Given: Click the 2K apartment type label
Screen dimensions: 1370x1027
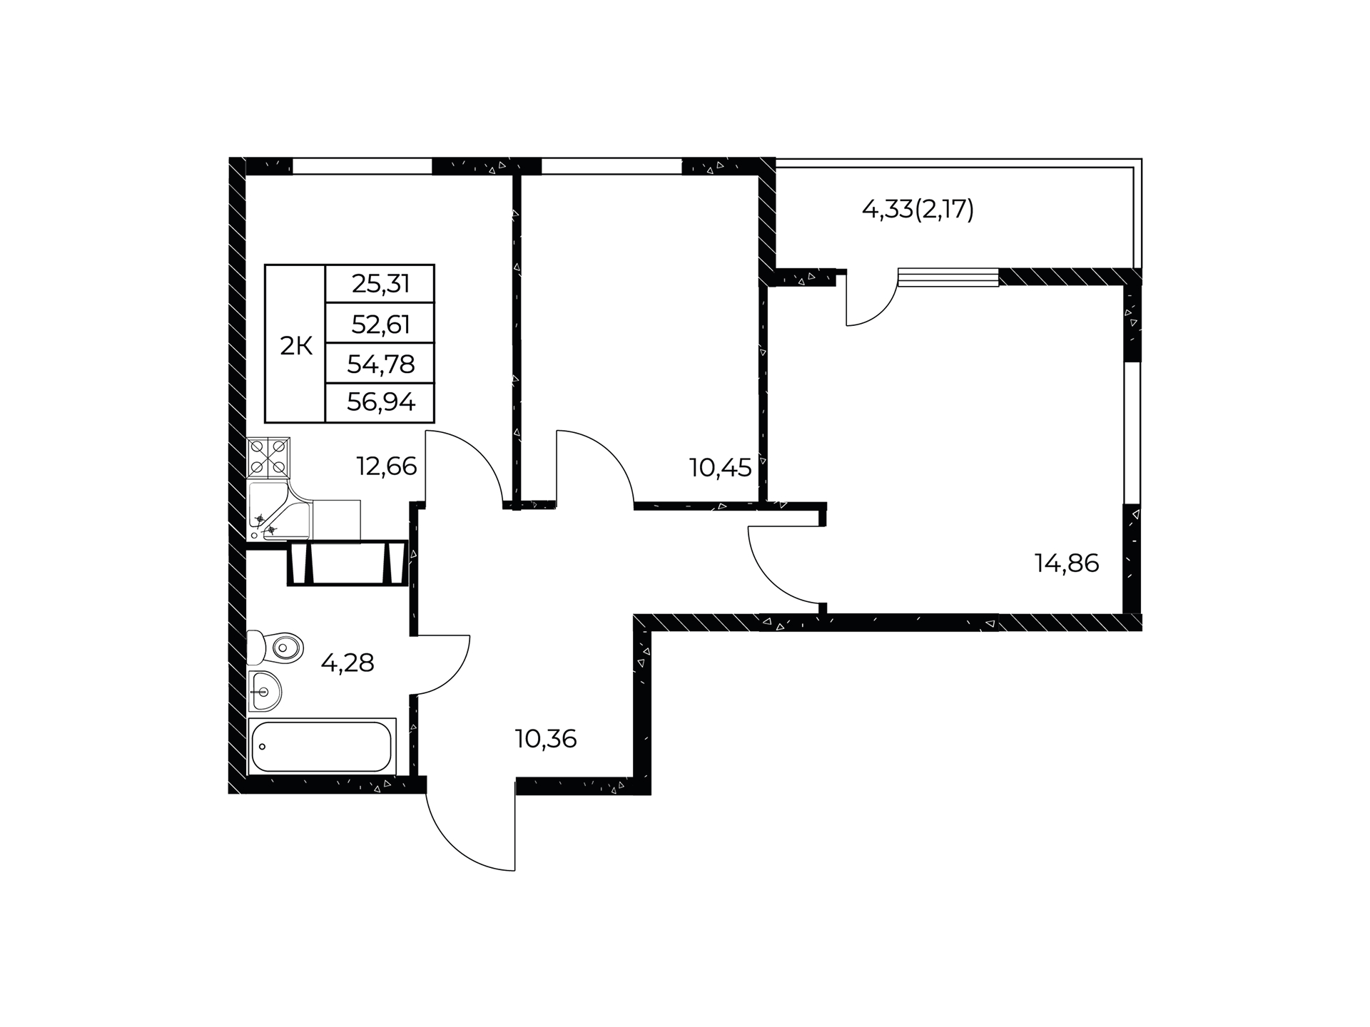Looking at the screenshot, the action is (x=296, y=347).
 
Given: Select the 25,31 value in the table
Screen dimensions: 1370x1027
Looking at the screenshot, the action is (x=381, y=284).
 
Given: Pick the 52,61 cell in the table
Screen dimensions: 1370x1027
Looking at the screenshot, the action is (x=381, y=325).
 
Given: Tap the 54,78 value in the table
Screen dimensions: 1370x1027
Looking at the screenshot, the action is (x=381, y=364).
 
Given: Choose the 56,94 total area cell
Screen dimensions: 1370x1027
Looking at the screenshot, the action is (x=381, y=403).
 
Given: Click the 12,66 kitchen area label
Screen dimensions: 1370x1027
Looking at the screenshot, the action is (x=386, y=466).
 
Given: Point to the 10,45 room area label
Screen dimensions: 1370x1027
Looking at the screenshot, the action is (x=720, y=468).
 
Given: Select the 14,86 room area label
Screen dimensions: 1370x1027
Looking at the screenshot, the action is (x=1067, y=563).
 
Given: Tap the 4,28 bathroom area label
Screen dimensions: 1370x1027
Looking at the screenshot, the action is (x=347, y=663).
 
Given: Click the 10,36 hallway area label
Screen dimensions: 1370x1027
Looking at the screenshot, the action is (x=546, y=739).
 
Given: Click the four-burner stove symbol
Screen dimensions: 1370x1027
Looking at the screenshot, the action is (x=268, y=458).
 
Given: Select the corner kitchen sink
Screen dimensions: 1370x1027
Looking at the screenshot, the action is (x=279, y=511).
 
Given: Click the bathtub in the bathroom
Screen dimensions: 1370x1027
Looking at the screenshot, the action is (x=322, y=746).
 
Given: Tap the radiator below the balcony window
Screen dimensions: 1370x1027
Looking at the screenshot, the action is (x=948, y=277).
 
